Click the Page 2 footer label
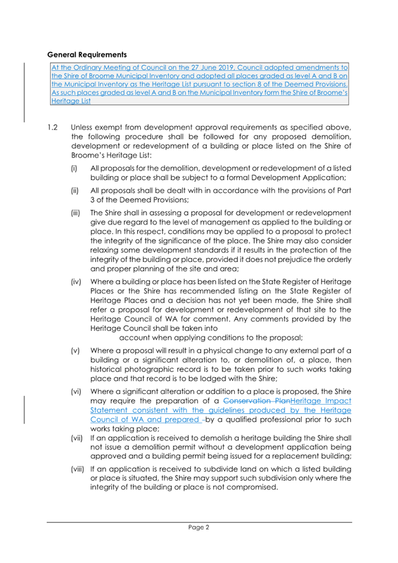coord(199,528)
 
